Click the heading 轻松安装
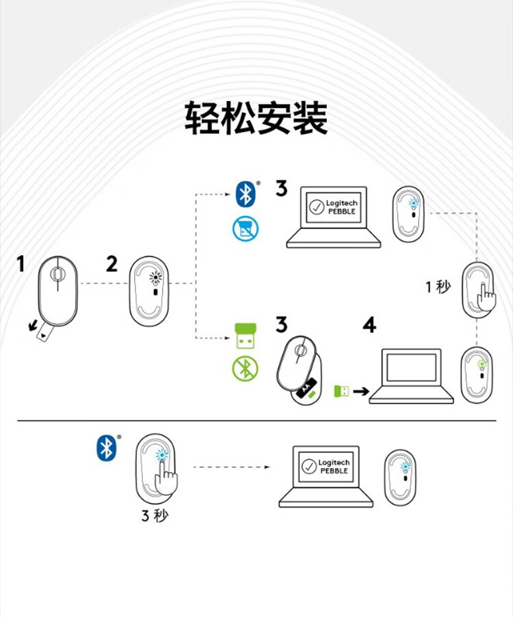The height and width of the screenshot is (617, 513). point(256,118)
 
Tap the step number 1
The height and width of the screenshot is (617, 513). point(21,263)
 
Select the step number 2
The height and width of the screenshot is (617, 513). point(111,263)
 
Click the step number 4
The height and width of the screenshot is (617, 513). point(369,325)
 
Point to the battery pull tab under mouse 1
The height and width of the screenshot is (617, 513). point(44,333)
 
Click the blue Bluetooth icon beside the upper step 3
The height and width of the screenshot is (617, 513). point(244,194)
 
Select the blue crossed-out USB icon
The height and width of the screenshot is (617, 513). point(244,228)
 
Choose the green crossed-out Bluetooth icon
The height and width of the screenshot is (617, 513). point(244,369)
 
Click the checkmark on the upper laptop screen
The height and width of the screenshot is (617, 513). point(316,207)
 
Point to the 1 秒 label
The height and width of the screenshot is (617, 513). point(438,286)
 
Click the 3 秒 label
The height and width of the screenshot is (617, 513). point(154,515)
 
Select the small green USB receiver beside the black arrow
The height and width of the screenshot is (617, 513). point(340,392)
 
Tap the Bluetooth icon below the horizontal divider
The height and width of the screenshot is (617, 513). point(106,448)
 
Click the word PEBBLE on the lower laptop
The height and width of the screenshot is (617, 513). point(334,471)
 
